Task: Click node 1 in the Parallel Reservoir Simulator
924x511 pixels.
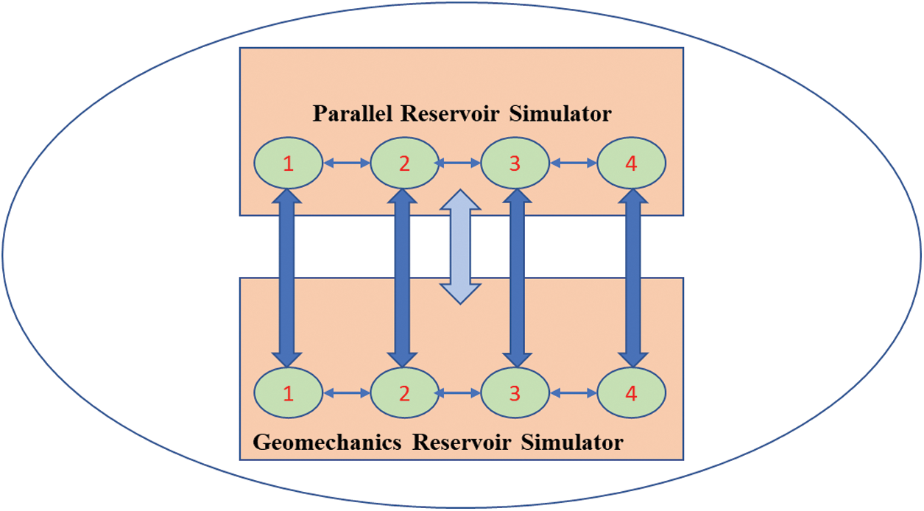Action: click(288, 163)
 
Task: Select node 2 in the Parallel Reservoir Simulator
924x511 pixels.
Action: click(404, 163)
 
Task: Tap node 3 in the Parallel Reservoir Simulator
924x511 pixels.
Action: click(515, 163)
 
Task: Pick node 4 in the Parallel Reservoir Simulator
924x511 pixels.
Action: click(631, 163)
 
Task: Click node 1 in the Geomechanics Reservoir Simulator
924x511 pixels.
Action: click(288, 393)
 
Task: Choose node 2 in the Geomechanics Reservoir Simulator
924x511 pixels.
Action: click(404, 393)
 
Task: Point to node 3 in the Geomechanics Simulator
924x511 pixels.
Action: click(515, 393)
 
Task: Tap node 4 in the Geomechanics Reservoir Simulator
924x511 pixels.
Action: click(631, 393)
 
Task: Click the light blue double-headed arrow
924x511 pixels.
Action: click(459, 246)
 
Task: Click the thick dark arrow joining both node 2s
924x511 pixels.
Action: click(402, 278)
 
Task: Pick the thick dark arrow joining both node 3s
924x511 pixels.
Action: click(516, 278)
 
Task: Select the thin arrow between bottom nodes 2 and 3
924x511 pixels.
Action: click(459, 393)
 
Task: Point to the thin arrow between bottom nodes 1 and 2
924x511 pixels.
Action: click(346, 393)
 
